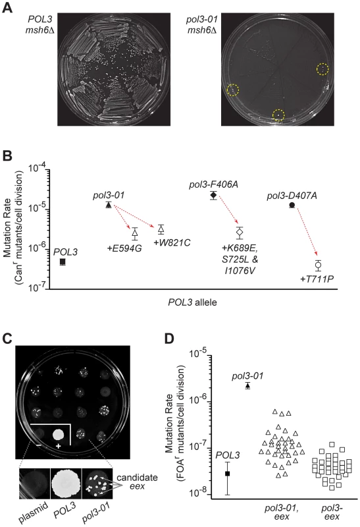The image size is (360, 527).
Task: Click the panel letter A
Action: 7,7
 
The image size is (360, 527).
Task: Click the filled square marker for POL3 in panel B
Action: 63,262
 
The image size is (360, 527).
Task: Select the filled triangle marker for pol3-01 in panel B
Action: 109,205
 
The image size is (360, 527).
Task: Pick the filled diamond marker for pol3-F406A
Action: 214,195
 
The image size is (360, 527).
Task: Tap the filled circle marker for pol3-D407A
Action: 292,205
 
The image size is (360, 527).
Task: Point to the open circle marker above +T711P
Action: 318,265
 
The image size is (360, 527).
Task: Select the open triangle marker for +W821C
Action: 161,229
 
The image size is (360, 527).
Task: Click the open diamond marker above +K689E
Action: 240,232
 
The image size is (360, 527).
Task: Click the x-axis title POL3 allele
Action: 192,302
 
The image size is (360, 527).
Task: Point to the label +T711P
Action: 317,279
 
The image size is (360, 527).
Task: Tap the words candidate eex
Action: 137,482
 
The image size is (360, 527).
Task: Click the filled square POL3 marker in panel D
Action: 227,473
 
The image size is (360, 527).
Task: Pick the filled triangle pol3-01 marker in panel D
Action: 248,386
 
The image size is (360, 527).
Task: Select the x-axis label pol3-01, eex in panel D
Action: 282,512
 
